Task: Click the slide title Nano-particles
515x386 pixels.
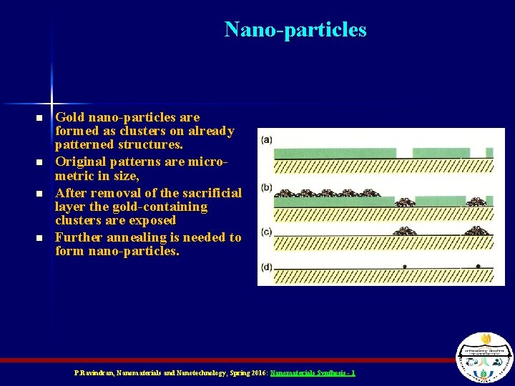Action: pyautogui.click(x=295, y=29)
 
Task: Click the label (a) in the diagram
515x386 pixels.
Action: pyautogui.click(x=266, y=139)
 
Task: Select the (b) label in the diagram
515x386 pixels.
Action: pyautogui.click(x=266, y=187)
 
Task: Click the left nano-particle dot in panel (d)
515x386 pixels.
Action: pyautogui.click(x=406, y=266)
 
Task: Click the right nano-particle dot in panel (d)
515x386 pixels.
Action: pyautogui.click(x=479, y=266)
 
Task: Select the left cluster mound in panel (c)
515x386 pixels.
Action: pyautogui.click(x=404, y=230)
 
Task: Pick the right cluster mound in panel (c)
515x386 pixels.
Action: pyautogui.click(x=477, y=230)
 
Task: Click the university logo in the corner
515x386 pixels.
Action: pyautogui.click(x=484, y=357)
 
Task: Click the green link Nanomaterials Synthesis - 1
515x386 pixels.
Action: pyautogui.click(x=313, y=373)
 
